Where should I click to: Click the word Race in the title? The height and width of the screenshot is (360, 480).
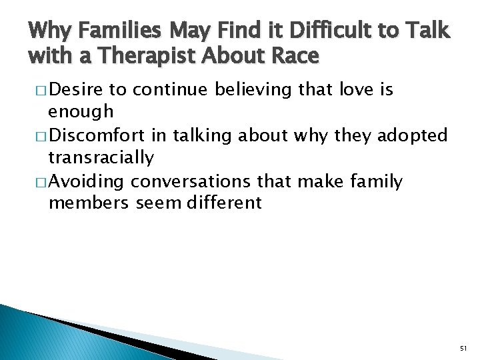click(293, 57)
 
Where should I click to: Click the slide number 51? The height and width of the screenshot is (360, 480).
click(464, 347)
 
